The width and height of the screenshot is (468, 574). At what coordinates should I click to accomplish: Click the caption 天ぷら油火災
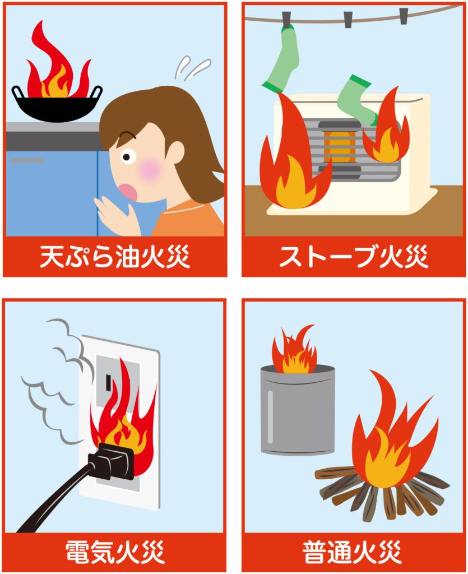(x=114, y=256)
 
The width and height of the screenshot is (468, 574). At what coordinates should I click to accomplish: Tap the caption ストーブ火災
(x=354, y=256)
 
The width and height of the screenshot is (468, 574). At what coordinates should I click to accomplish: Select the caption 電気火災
(x=115, y=552)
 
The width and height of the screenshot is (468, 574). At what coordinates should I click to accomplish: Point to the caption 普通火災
(x=352, y=552)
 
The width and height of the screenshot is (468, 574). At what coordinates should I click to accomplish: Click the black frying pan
(x=57, y=104)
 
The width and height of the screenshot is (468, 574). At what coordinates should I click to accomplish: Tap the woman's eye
(x=127, y=157)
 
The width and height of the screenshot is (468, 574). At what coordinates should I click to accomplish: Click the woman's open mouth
(x=128, y=192)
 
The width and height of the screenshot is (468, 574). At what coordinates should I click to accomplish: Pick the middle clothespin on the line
(x=348, y=19)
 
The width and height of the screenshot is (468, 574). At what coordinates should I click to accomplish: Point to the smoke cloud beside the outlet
(x=51, y=381)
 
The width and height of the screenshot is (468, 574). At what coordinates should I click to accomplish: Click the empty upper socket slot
(x=108, y=382)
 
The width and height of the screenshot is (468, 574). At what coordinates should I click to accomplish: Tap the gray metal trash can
(x=298, y=410)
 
